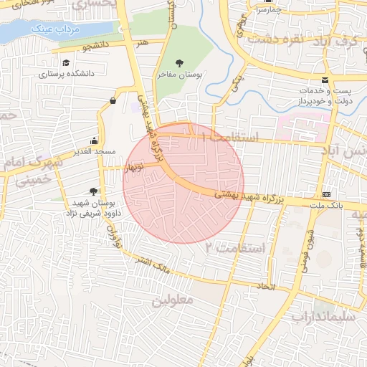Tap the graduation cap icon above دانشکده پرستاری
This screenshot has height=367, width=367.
(x=67, y=63)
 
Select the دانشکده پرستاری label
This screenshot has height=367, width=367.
(x=67, y=74)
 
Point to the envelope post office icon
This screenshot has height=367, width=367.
(x=325, y=79)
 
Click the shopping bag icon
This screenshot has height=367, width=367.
(x=113, y=100)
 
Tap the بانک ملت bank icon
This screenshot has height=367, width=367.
(x=327, y=194)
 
